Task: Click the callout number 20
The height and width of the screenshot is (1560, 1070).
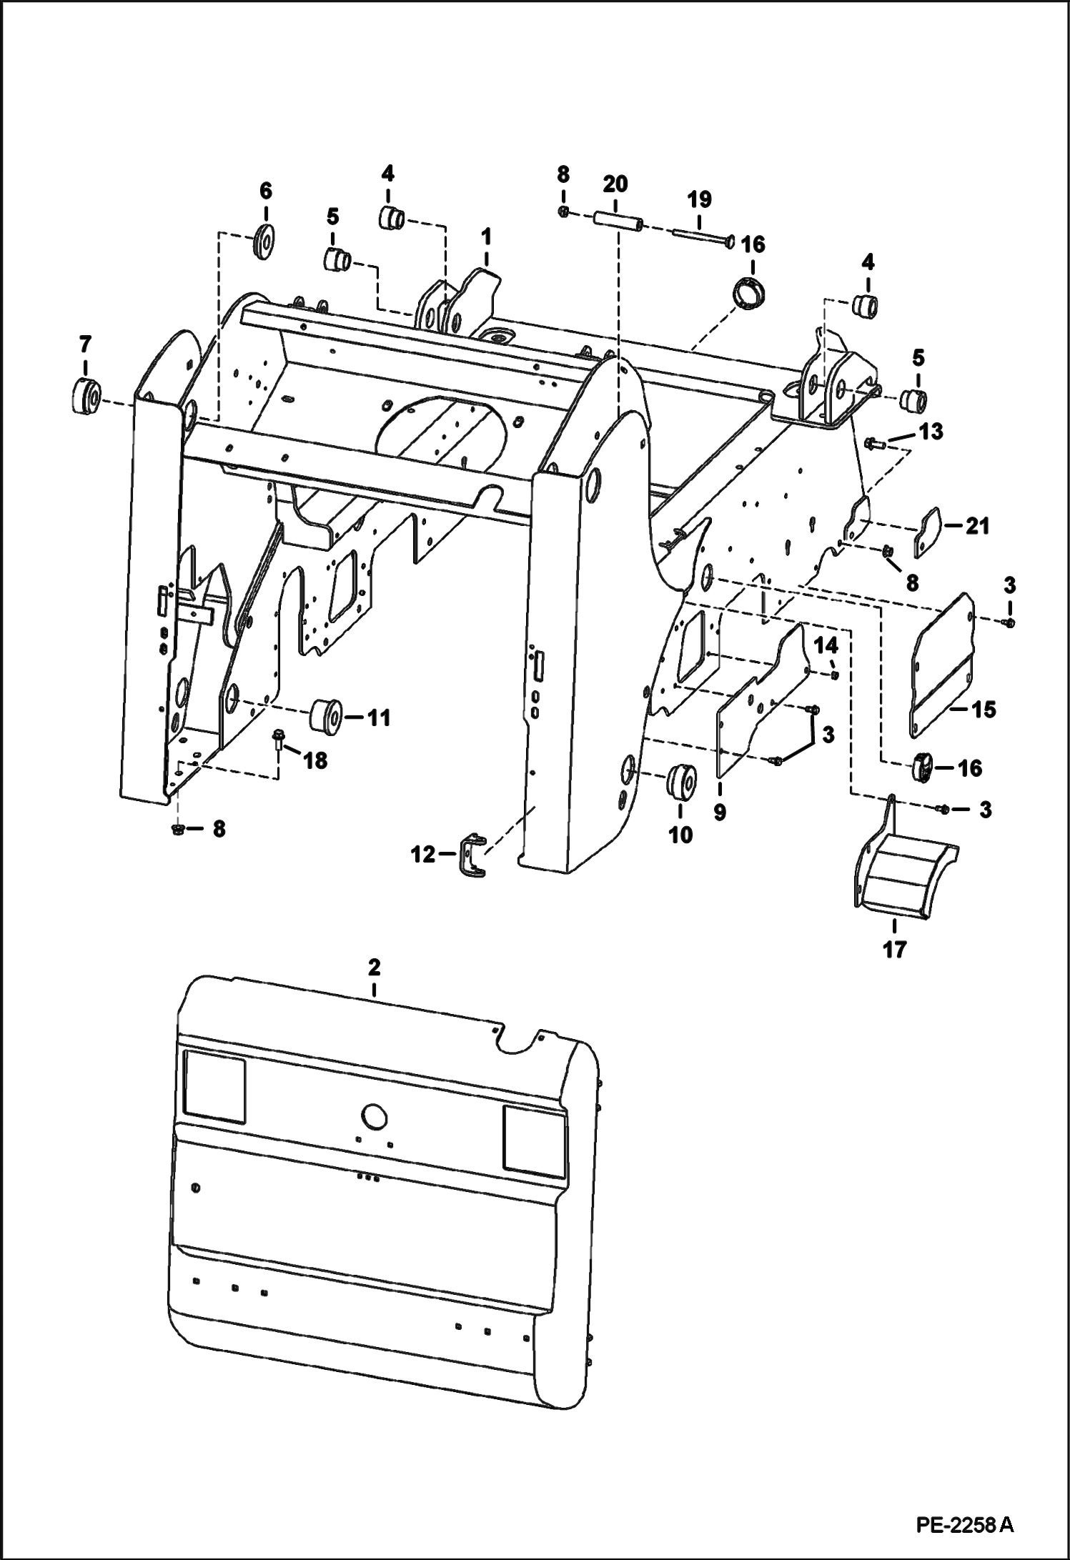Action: pyautogui.click(x=615, y=184)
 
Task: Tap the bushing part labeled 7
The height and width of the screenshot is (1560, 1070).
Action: pyautogui.click(x=86, y=397)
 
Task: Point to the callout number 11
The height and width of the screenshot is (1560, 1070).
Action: pyautogui.click(x=379, y=717)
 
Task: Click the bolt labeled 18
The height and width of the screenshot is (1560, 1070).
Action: pyautogui.click(x=277, y=739)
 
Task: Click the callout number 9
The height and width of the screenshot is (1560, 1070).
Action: pyautogui.click(x=720, y=812)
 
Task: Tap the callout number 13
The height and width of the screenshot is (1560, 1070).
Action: pyautogui.click(x=930, y=432)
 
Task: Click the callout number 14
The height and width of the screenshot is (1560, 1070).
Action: pyautogui.click(x=826, y=645)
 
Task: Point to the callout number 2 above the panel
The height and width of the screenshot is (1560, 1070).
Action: pyautogui.click(x=374, y=968)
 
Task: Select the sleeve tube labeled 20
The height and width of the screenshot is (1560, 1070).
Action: pyautogui.click(x=617, y=219)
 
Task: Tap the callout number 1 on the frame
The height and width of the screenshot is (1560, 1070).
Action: pyautogui.click(x=486, y=235)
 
